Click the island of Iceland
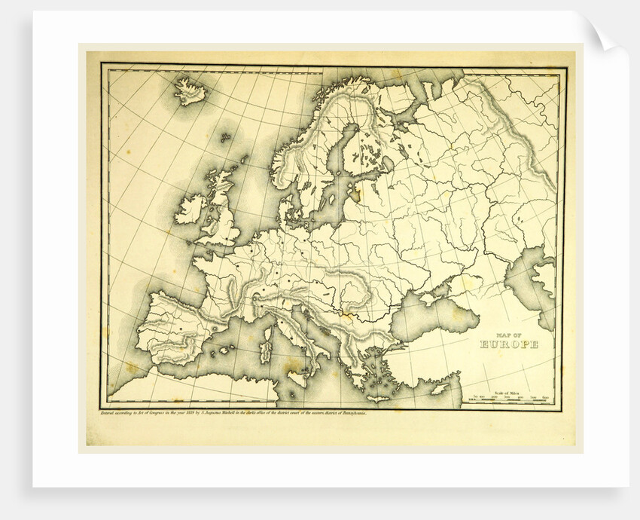point(190,93)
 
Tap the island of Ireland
point(190,209)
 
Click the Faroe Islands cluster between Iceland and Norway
point(225,137)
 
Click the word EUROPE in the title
point(510,344)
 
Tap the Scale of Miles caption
point(510,390)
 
